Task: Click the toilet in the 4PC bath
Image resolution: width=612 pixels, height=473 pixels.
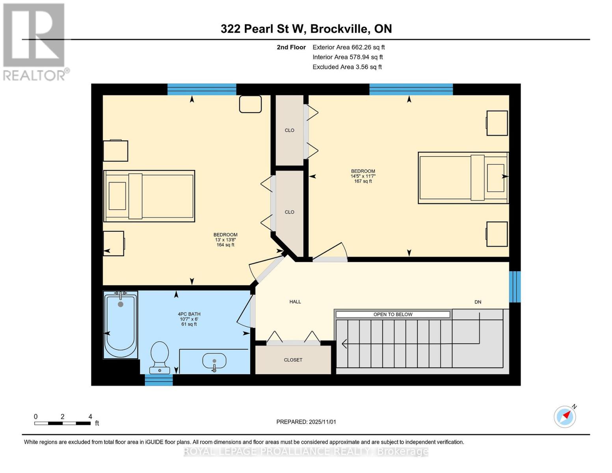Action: [160, 357]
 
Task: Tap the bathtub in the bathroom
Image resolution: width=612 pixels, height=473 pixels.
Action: [121, 325]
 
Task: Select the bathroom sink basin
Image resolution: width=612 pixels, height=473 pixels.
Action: [214, 360]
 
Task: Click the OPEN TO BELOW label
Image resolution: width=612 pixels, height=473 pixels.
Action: [392, 314]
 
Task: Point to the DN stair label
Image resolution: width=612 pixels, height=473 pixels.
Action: [478, 302]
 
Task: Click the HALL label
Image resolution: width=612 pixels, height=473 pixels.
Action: [295, 302]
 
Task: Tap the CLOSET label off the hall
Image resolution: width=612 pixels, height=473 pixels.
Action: [293, 360]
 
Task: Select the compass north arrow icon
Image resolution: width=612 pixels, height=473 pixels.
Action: [565, 416]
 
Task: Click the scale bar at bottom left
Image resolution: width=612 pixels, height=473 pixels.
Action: [62, 423]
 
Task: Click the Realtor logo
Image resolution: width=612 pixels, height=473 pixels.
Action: [34, 41]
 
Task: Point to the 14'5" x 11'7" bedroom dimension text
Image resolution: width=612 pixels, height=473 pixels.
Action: [363, 176]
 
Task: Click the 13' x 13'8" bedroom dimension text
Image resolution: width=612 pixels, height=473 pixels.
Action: [225, 240]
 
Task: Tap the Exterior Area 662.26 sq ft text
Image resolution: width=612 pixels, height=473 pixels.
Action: [348, 47]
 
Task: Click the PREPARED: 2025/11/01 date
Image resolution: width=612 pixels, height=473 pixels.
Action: [306, 422]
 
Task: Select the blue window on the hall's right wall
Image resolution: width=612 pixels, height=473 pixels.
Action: [515, 287]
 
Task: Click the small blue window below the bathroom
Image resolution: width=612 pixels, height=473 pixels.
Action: [158, 380]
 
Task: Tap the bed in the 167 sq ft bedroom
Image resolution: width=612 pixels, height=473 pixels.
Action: [463, 178]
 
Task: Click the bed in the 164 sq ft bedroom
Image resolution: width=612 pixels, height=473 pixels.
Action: [149, 196]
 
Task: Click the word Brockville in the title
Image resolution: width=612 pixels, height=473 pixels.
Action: [340, 29]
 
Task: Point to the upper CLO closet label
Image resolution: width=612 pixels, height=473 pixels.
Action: [289, 130]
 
